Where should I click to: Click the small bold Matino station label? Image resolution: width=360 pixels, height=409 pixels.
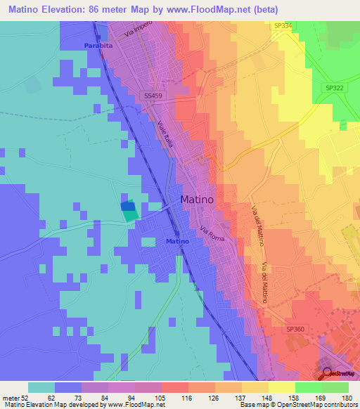tap(177, 242)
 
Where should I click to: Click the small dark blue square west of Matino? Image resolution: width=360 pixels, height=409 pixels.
tap(127, 206)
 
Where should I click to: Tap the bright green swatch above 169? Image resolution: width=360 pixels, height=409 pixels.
tap(309, 387)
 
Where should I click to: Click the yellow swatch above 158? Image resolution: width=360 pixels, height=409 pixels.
tap(282, 387)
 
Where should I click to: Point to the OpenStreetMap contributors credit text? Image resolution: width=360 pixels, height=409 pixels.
tap(313, 405)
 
